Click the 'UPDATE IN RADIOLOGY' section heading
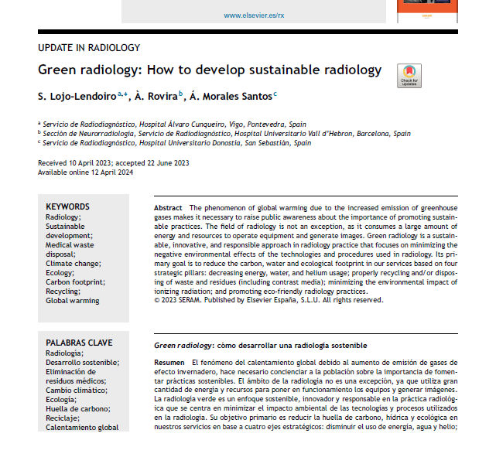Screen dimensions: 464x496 (89, 48)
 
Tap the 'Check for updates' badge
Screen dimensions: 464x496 (409, 76)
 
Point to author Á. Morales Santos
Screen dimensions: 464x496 (231, 96)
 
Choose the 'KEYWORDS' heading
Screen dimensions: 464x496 (67, 206)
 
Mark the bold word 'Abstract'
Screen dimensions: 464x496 (168, 209)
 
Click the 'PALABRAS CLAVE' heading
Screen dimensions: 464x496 (79, 343)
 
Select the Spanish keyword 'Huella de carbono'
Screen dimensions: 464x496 (79, 408)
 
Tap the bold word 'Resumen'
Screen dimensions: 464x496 (169, 363)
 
